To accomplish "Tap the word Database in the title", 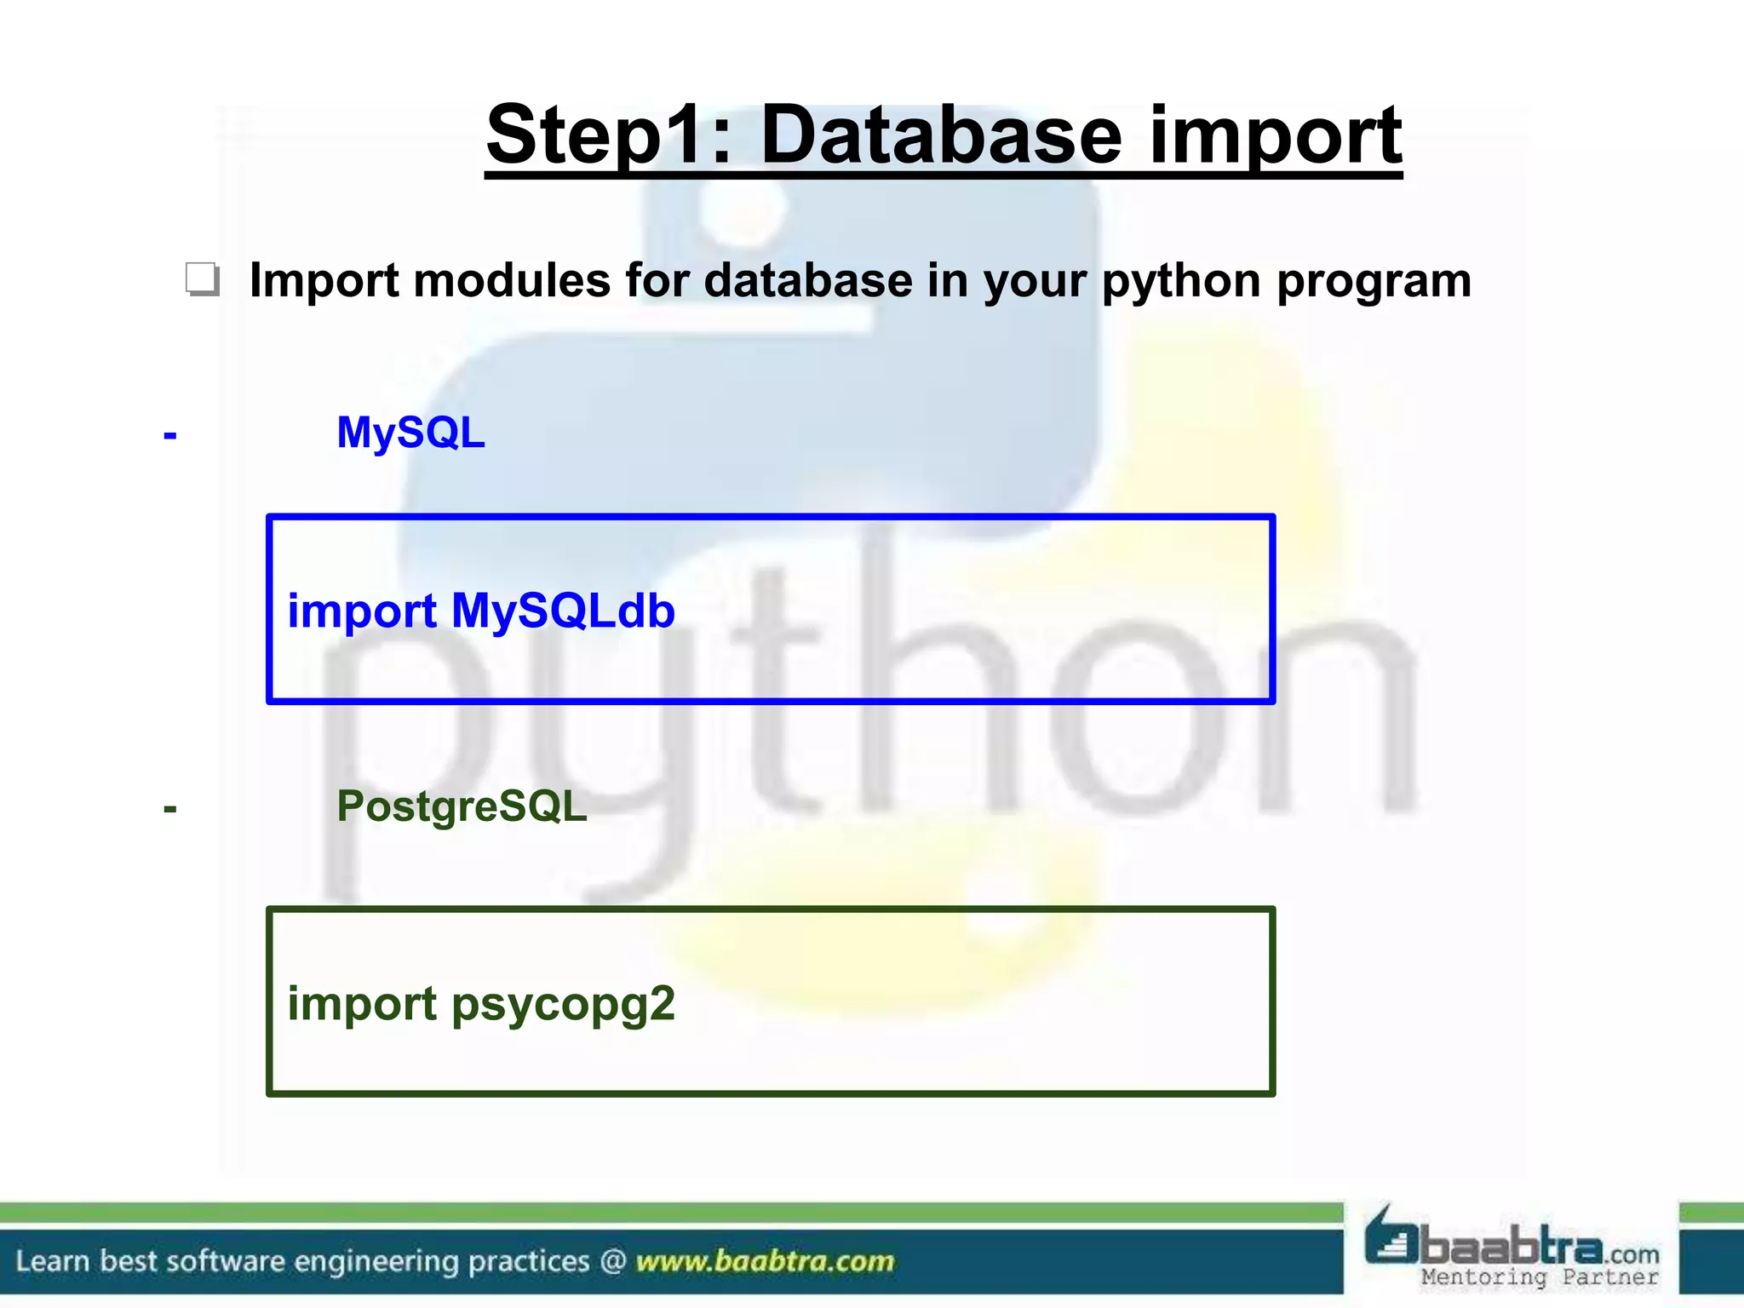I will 941,136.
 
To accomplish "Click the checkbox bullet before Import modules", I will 203,279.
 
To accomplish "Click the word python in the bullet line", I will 1181,282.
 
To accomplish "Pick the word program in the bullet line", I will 1374,282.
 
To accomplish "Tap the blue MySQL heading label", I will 410,433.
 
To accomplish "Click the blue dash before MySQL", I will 170,436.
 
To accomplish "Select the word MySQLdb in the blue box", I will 563,611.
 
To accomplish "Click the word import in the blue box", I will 362,612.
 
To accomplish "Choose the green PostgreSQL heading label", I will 462,806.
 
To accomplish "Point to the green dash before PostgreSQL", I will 170,809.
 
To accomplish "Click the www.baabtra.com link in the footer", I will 765,1261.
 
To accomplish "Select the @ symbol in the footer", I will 612,1261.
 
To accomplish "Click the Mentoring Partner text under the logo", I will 1540,1277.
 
